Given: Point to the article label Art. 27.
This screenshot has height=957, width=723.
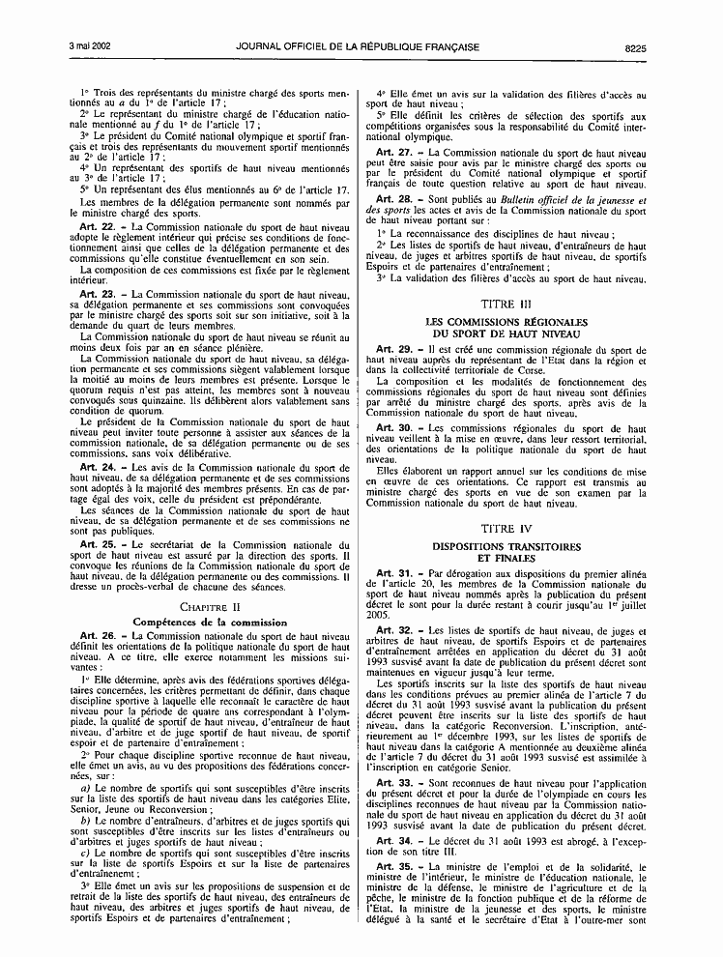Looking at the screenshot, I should [x=393, y=153].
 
